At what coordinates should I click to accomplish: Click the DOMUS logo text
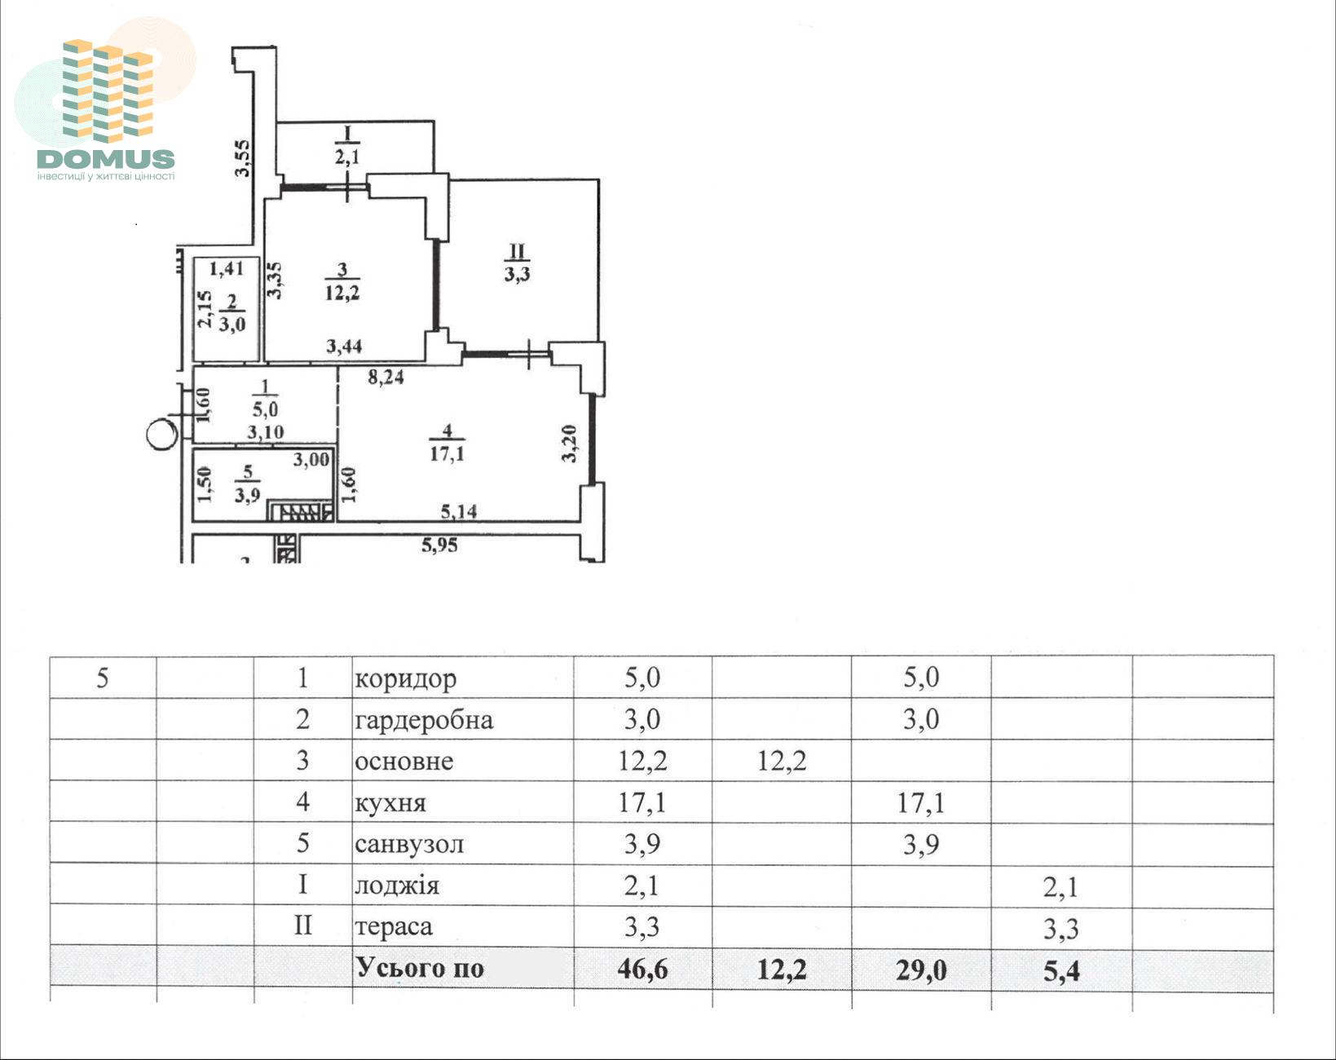(105, 160)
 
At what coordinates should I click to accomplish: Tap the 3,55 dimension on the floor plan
(243, 158)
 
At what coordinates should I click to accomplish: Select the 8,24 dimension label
(386, 377)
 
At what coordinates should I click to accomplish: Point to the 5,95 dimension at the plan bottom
(439, 545)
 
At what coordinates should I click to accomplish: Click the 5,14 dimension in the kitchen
(459, 511)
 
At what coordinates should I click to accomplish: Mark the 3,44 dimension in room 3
(344, 346)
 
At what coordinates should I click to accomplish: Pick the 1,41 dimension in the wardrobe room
(226, 268)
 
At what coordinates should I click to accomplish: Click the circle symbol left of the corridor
(162, 434)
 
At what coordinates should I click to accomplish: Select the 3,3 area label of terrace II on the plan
(517, 274)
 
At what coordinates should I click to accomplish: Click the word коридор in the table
(405, 679)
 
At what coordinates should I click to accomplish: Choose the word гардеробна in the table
(424, 720)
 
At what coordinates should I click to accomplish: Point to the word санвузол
(409, 844)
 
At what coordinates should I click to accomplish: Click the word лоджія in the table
(397, 886)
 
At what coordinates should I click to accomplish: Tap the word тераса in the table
(393, 926)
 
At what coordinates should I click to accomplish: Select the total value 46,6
(642, 969)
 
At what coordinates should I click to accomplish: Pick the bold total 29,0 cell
(920, 970)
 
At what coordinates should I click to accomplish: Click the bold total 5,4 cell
(1061, 970)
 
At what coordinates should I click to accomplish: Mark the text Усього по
(419, 968)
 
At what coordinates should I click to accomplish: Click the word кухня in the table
(390, 803)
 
